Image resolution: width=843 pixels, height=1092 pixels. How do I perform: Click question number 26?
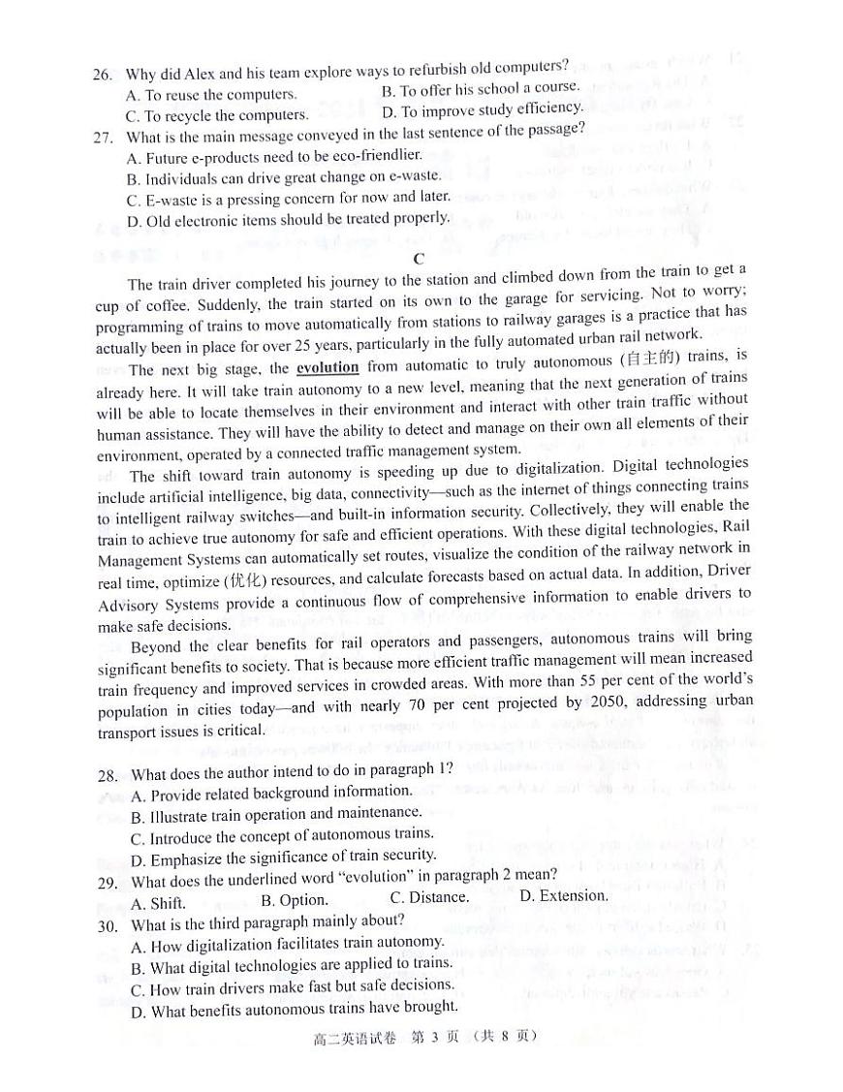tap(103, 75)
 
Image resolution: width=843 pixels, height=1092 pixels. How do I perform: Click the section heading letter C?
tap(419, 259)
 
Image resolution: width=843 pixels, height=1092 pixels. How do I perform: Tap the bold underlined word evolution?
tap(328, 368)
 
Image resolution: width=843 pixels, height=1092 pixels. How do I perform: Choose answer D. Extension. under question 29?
tap(563, 895)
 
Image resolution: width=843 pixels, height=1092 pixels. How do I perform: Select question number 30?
tap(108, 924)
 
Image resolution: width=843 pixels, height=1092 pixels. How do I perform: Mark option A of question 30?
tap(287, 943)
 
